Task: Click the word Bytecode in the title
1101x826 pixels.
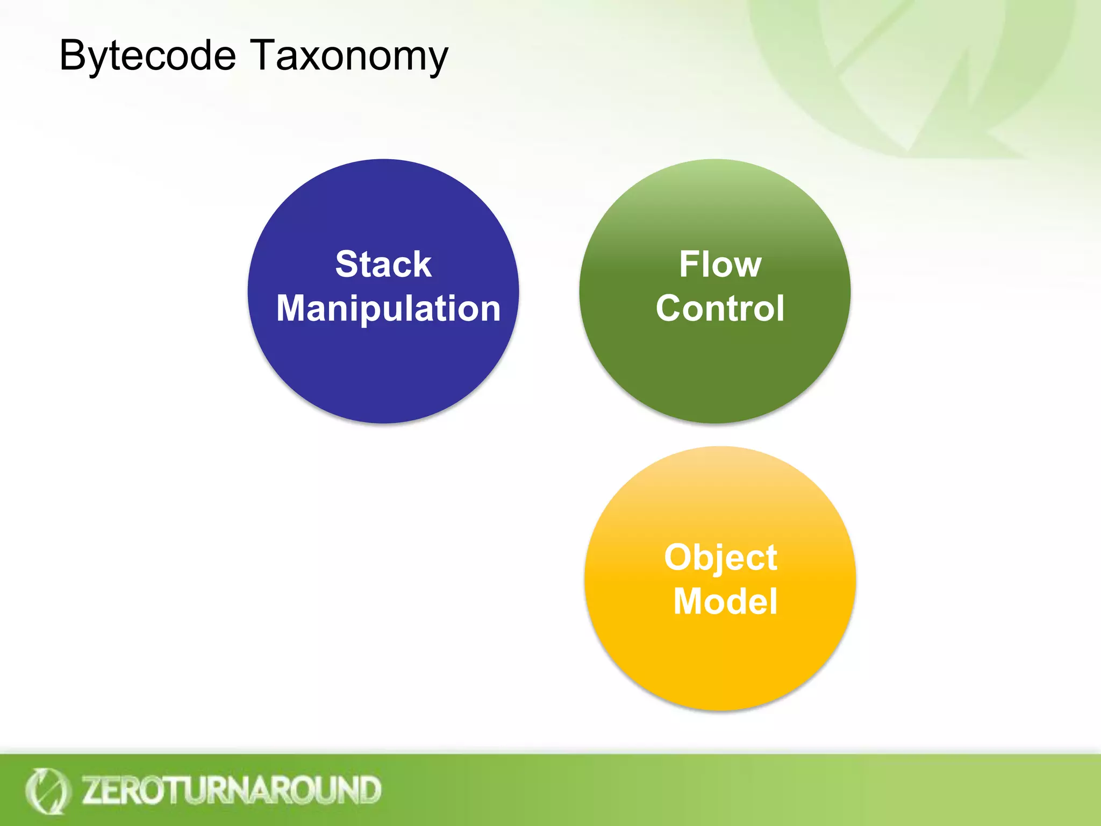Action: pos(147,56)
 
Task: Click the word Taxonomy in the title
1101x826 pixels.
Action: pos(349,56)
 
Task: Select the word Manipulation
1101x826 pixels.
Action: pos(388,309)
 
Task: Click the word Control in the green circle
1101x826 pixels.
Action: pos(720,309)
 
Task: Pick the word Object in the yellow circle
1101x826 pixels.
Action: pos(720,558)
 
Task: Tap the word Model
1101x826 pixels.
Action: pos(725,601)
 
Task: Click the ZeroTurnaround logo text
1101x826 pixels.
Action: pos(231,790)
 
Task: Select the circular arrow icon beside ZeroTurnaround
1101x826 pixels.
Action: pos(47,791)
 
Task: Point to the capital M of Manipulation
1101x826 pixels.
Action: pos(294,309)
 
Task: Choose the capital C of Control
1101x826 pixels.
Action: pos(669,309)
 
